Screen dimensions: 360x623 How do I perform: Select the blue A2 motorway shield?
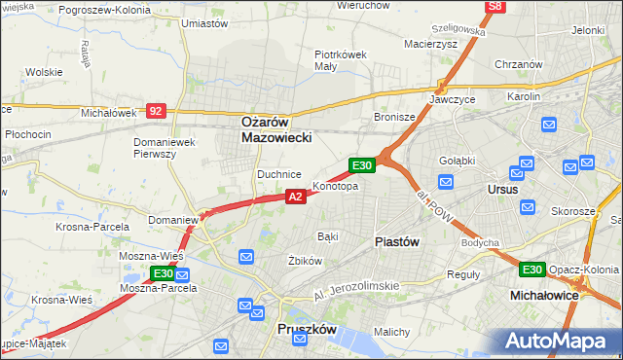coord(297,197)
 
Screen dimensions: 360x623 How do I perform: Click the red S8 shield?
coord(496,7)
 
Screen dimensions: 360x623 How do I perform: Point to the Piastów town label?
coord(397,241)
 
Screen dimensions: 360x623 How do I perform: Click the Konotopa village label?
coord(335,186)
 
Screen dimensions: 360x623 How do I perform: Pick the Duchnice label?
coord(276,174)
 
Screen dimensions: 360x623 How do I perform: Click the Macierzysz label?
coord(431,43)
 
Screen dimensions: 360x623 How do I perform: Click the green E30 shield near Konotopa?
coord(362,165)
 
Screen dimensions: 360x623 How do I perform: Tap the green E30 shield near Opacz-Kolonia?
coord(531,270)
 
